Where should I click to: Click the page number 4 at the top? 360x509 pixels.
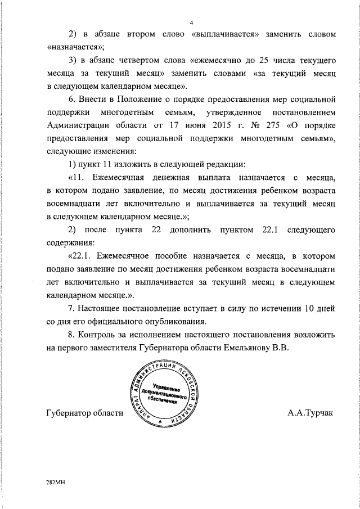coord(192,22)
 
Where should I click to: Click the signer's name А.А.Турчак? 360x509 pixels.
coord(310,413)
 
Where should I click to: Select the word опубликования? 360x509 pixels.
coord(169,322)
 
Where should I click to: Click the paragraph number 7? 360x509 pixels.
coord(70,309)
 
